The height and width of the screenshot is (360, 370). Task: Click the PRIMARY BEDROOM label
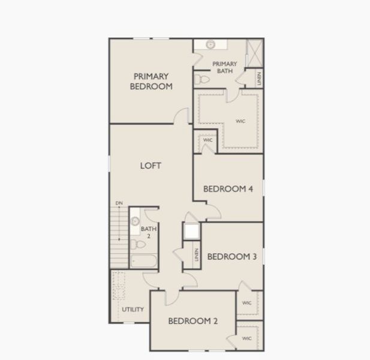click(x=152, y=81)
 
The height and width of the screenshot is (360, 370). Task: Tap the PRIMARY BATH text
click(x=225, y=67)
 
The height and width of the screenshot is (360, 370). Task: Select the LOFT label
click(x=150, y=166)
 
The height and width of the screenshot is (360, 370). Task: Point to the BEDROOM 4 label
click(x=228, y=189)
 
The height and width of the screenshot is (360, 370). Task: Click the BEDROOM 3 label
click(x=231, y=257)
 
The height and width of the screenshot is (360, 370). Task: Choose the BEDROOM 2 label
click(x=192, y=321)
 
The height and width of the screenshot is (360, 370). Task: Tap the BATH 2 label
click(x=145, y=232)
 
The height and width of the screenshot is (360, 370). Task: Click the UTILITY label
click(x=133, y=310)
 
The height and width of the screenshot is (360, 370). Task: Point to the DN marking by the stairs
click(x=119, y=204)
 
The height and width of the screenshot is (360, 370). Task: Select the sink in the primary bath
click(x=210, y=45)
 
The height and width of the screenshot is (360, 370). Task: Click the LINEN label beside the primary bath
click(x=259, y=79)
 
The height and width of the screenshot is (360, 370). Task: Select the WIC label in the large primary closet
click(x=240, y=121)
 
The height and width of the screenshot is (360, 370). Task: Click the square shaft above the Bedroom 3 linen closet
click(x=192, y=232)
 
